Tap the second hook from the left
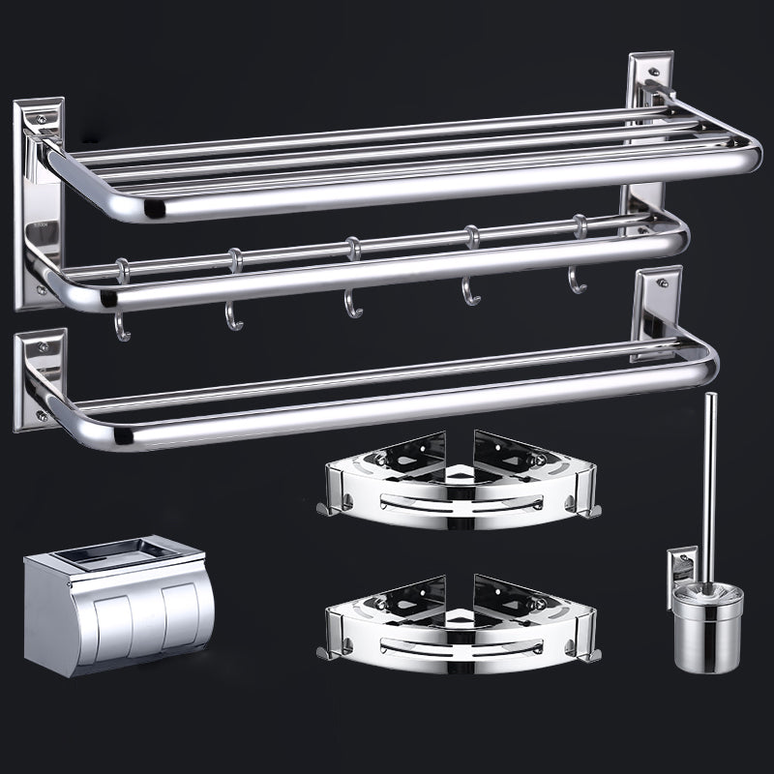(234, 315)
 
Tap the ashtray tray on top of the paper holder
(114, 552)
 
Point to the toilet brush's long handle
(709, 484)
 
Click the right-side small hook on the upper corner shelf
(590, 510)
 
